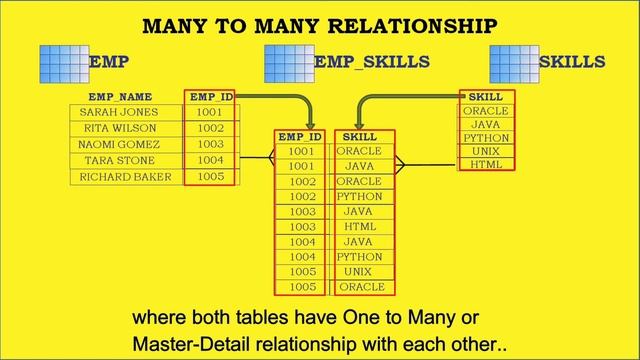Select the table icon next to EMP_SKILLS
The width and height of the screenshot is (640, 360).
tap(288, 62)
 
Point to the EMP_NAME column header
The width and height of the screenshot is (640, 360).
tap(120, 97)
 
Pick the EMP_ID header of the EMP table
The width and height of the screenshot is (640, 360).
tap(211, 97)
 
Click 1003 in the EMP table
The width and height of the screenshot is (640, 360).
tap(210, 145)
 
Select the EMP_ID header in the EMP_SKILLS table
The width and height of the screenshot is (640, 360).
tap(300, 136)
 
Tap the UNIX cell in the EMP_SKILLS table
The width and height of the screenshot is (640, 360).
tap(359, 272)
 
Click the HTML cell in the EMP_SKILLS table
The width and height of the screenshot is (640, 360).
tap(359, 227)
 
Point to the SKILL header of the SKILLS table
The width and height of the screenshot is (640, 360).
tap(486, 96)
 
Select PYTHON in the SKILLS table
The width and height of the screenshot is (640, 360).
tap(486, 138)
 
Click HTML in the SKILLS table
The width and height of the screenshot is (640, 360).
tap(486, 164)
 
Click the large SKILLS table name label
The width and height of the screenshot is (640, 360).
tap(572, 62)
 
